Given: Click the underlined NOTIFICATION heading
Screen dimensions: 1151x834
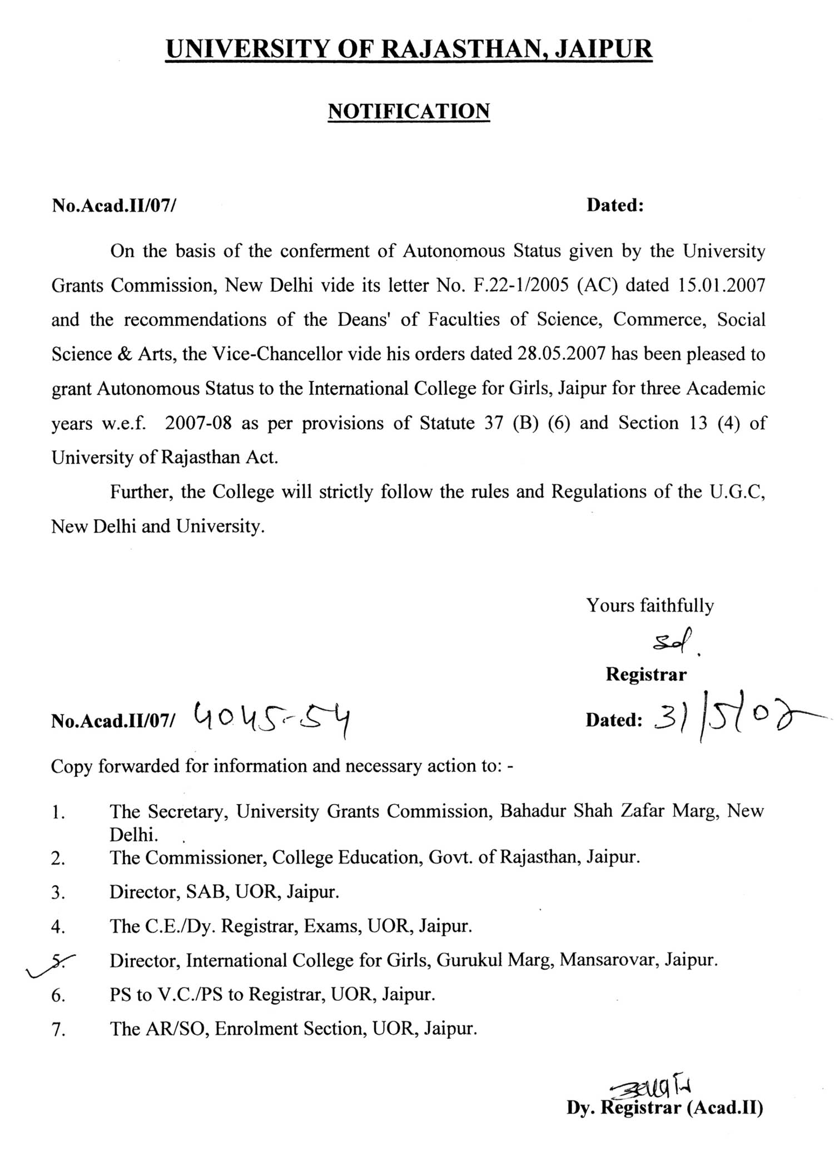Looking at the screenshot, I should pos(409,111).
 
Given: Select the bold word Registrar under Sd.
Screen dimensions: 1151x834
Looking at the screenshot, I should pos(646,674).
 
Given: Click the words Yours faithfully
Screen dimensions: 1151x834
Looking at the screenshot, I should pos(650,605).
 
